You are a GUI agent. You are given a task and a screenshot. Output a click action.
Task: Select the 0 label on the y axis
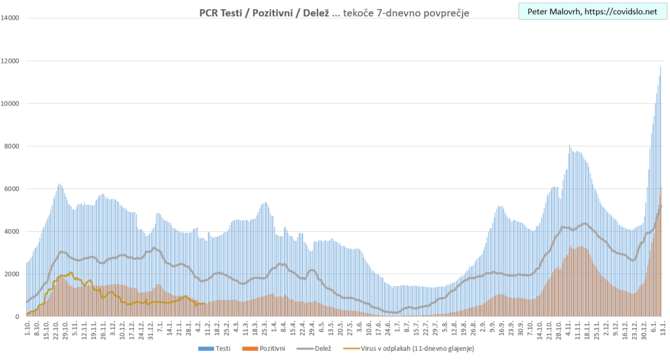tap(19, 317)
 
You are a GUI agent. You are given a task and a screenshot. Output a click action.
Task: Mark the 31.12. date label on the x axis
tap(152, 327)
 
